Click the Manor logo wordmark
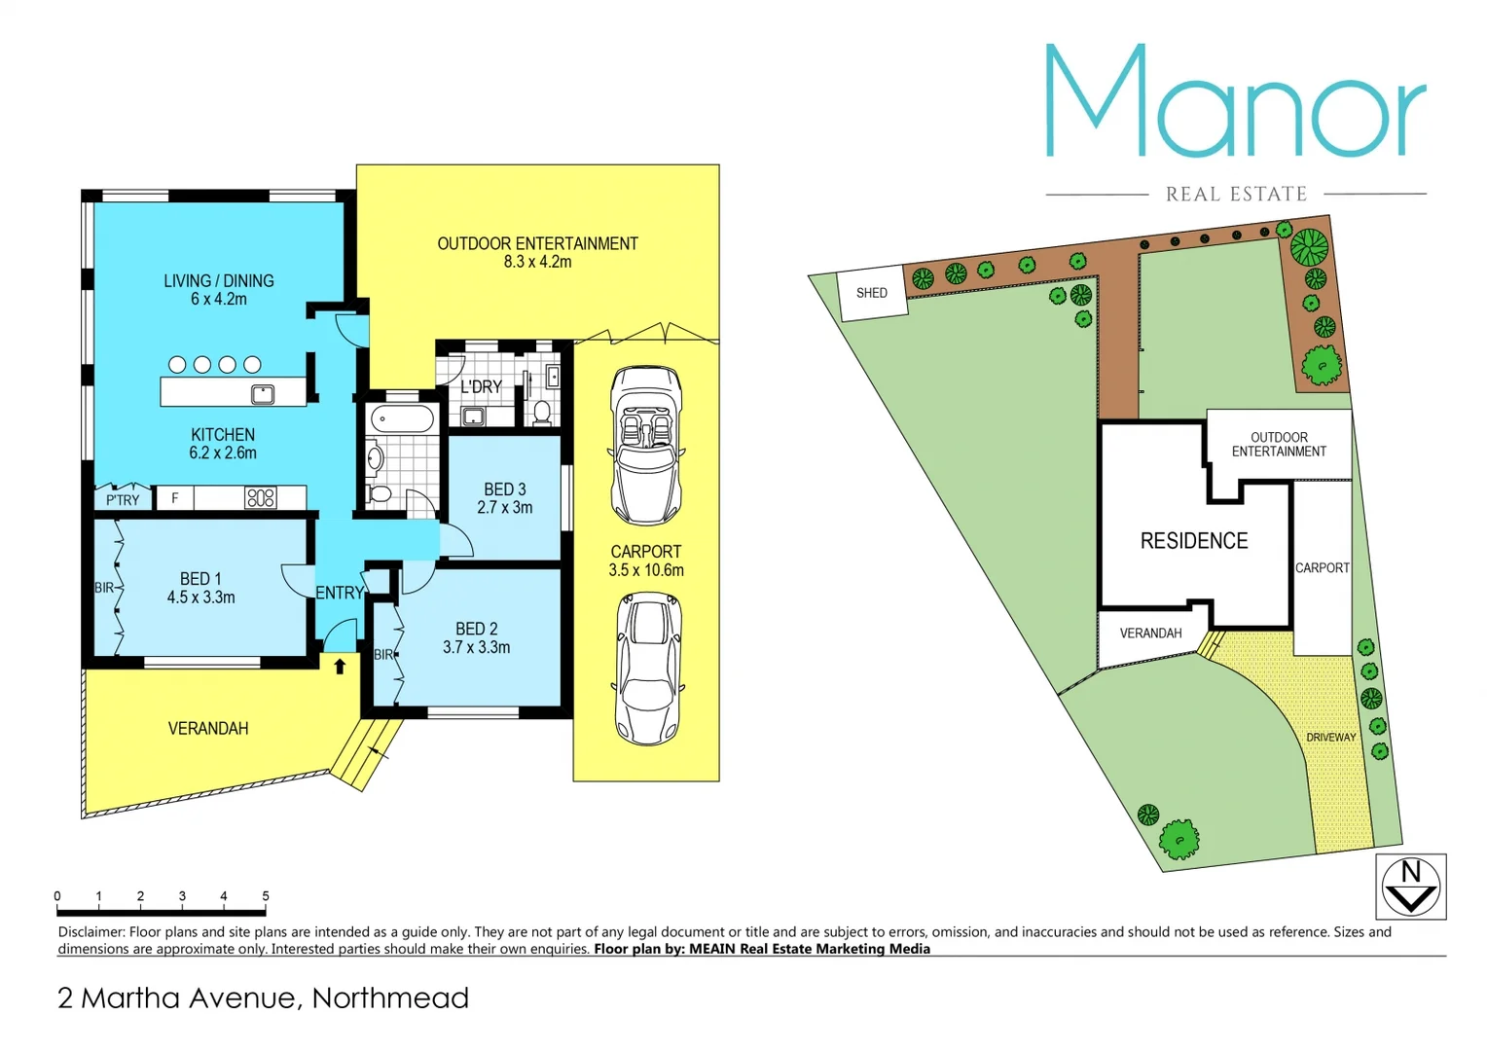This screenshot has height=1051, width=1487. (1235, 102)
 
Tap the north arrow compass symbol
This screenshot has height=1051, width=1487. (1410, 886)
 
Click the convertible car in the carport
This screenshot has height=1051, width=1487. (645, 445)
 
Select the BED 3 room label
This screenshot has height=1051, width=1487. (505, 489)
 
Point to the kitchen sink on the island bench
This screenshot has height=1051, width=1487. (263, 394)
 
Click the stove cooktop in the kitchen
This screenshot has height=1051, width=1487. (261, 498)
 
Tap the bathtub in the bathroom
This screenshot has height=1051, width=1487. (402, 420)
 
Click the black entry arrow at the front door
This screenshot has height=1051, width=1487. (340, 667)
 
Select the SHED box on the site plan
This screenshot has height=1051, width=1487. (872, 293)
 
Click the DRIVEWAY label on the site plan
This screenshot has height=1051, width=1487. (1330, 738)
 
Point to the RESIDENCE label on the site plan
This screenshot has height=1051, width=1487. (1193, 541)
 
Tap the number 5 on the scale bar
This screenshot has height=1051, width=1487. (266, 896)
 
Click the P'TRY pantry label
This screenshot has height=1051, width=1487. (123, 500)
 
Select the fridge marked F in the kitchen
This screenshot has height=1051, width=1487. (175, 498)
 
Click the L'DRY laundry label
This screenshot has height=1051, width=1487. (481, 386)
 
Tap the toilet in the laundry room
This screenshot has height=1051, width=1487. (542, 412)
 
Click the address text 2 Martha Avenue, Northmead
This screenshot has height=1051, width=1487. (263, 997)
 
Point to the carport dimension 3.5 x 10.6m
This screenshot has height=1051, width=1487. (646, 570)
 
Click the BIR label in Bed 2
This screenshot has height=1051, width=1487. (383, 655)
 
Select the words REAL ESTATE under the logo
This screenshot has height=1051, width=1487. (1236, 195)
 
